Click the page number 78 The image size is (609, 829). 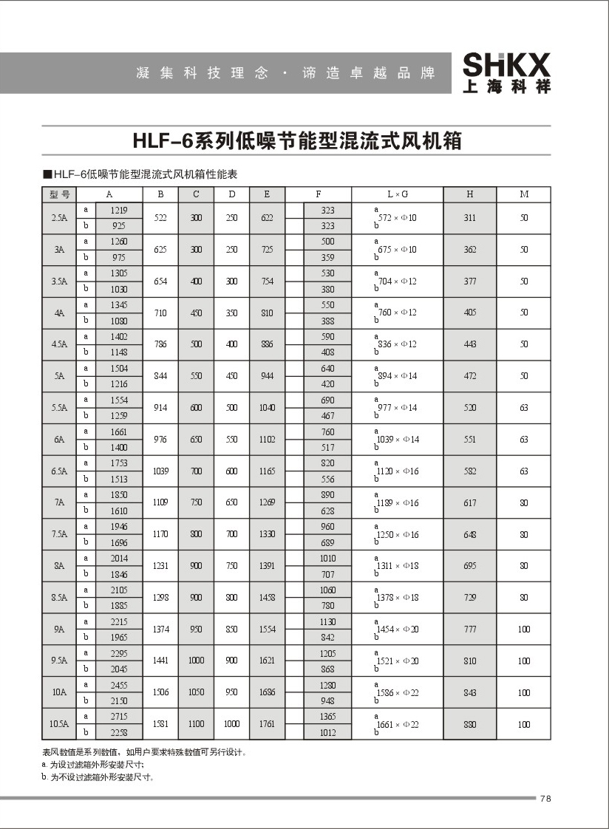pyautogui.click(x=546, y=798)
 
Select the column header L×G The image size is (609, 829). pyautogui.click(x=398, y=195)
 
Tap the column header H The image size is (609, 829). pyautogui.click(x=470, y=195)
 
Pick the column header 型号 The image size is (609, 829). pyautogui.click(x=60, y=195)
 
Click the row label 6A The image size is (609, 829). pyautogui.click(x=60, y=440)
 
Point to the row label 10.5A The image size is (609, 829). pyautogui.click(x=60, y=724)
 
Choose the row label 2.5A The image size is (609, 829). pyautogui.click(x=60, y=219)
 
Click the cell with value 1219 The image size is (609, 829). pyautogui.click(x=119, y=211)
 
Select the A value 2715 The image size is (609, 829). pyautogui.click(x=119, y=717)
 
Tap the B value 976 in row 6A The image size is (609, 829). pyautogui.click(x=160, y=440)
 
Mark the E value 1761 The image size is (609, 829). pyautogui.click(x=267, y=724)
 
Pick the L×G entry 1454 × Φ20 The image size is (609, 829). pyautogui.click(x=398, y=630)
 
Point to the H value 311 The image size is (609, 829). pyautogui.click(x=470, y=219)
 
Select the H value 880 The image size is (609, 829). pyautogui.click(x=470, y=724)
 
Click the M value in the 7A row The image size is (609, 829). pyautogui.click(x=524, y=503)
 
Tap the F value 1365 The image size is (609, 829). pyautogui.click(x=327, y=717)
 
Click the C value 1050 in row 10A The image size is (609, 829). pyautogui.click(x=196, y=693)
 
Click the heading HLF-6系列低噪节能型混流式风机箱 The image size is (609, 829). pyautogui.click(x=296, y=140)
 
